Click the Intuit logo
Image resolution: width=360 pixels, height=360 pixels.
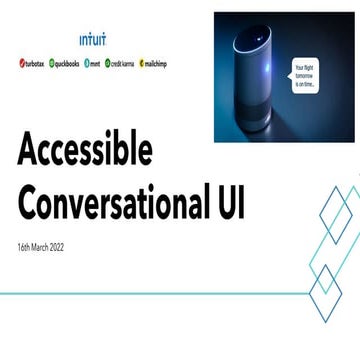pyautogui.click(x=92, y=40)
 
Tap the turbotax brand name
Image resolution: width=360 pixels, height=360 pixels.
pyautogui.click(x=33, y=62)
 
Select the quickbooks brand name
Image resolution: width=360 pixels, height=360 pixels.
pyautogui.click(x=67, y=62)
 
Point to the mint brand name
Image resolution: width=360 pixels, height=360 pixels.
pyautogui.click(x=95, y=62)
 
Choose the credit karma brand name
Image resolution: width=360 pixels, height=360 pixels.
pyautogui.click(x=122, y=62)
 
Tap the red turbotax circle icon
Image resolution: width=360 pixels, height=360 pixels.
pyautogui.click(x=20, y=62)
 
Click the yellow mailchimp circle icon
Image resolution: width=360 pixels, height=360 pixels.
pyautogui.click(x=141, y=62)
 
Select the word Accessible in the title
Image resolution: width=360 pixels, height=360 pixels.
pyautogui.click(x=85, y=149)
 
